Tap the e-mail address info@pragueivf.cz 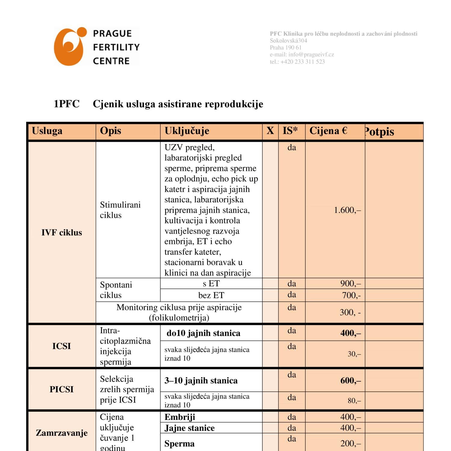[311, 54]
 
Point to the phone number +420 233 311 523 [302, 62]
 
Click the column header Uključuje [187, 131]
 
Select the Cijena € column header [328, 131]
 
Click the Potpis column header [379, 132]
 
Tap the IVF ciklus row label [62, 232]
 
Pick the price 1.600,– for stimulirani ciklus [347, 210]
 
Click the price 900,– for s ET [350, 284]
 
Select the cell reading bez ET [211, 295]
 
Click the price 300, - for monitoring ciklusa [350, 312]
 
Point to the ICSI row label [62, 346]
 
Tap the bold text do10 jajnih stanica [203, 333]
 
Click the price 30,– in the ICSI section [354, 354]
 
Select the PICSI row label [62, 389]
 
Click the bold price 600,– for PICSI [350, 381]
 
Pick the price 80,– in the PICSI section [354, 400]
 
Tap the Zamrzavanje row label [62, 433]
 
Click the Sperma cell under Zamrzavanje [179, 444]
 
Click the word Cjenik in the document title [108, 104]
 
